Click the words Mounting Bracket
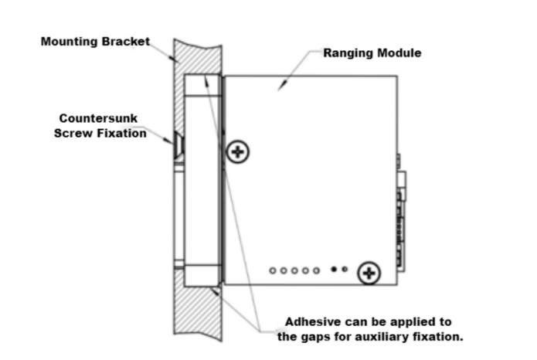click(95, 41)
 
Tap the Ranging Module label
click(372, 53)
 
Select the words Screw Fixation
click(100, 133)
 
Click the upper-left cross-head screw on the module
click(239, 151)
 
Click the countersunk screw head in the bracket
click(178, 143)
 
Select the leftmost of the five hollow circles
click(274, 270)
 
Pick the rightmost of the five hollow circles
click(316, 270)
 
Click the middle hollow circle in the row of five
click(294, 270)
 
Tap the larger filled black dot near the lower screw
click(334, 270)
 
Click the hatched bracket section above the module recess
click(198, 54)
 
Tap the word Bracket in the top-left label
click(124, 41)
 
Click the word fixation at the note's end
click(438, 337)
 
